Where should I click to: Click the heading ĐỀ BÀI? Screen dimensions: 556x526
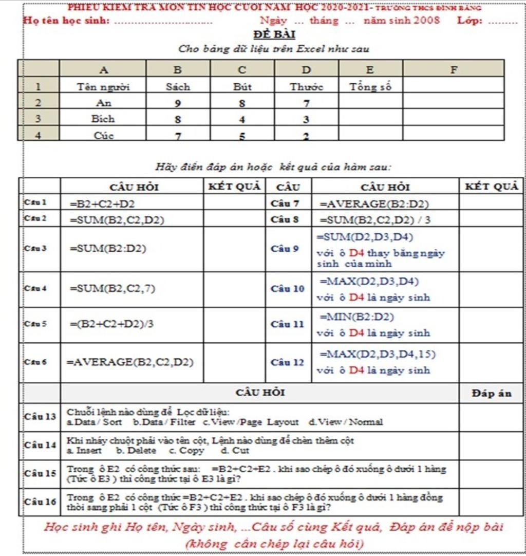(x=274, y=34)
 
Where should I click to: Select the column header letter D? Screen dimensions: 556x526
(x=306, y=69)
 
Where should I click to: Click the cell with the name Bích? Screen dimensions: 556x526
(x=103, y=119)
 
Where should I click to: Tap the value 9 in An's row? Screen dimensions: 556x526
(x=178, y=103)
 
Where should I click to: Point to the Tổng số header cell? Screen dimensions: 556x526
(x=370, y=86)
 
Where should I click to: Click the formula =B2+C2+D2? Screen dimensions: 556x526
(x=99, y=203)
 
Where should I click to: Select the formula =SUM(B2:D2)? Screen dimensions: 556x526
(x=108, y=249)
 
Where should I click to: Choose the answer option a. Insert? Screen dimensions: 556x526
(x=85, y=451)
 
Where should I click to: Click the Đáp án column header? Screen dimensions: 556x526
(x=491, y=393)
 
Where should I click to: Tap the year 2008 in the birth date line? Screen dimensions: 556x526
(x=427, y=21)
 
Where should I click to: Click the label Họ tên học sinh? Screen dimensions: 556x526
(x=67, y=21)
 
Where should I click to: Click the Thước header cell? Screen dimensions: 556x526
(x=306, y=87)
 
